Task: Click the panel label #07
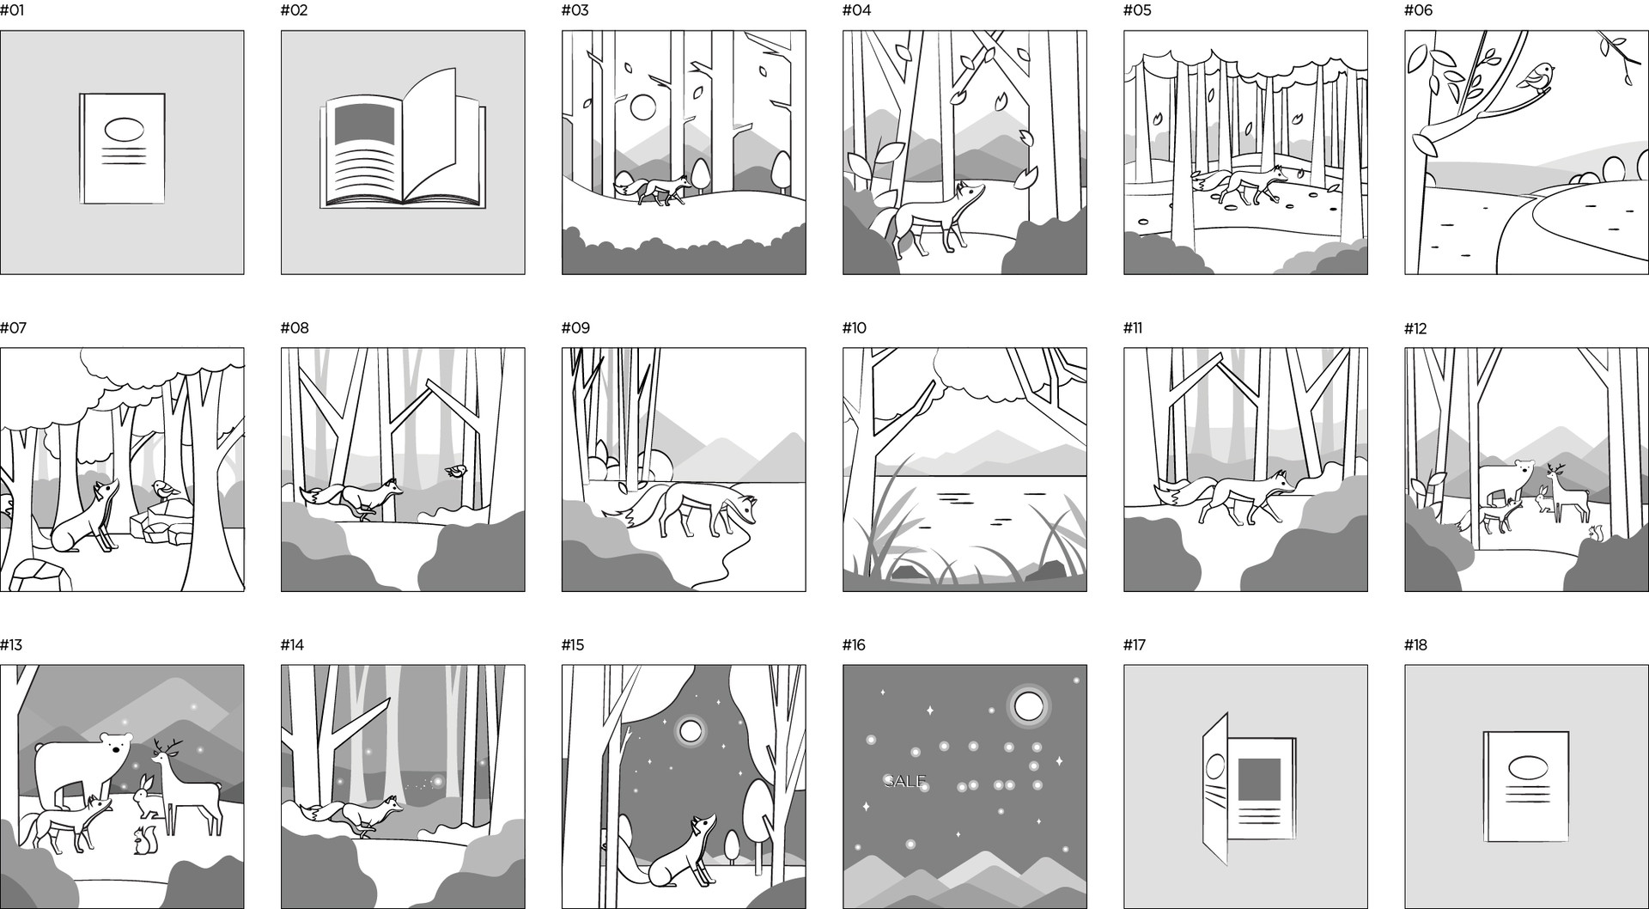14,327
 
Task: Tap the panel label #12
1415,328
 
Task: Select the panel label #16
855,645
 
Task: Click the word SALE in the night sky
905,781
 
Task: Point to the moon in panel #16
1027,706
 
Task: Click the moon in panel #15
690,730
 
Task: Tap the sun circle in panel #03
642,108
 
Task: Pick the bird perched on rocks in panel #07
164,491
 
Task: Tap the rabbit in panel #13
148,795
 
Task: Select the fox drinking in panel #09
680,512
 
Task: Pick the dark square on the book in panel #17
1259,781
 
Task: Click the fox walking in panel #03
653,189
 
